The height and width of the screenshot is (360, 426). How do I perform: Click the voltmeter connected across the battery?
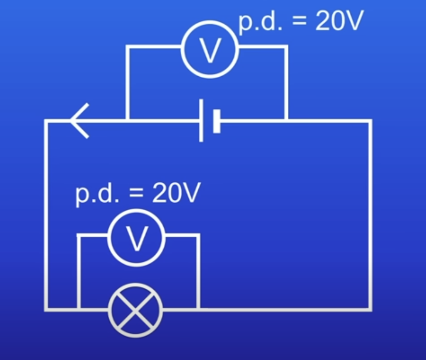pos(210,49)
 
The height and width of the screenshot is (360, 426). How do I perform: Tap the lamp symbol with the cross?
pos(136,310)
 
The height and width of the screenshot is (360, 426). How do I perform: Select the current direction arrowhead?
pos(79,121)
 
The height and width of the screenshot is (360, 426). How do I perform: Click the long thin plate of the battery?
pos(201,121)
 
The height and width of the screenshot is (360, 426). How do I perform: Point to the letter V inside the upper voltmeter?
pos(210,50)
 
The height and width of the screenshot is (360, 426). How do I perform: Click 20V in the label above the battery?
pos(339,23)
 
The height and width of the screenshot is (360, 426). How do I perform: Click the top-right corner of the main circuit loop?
pos(370,121)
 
